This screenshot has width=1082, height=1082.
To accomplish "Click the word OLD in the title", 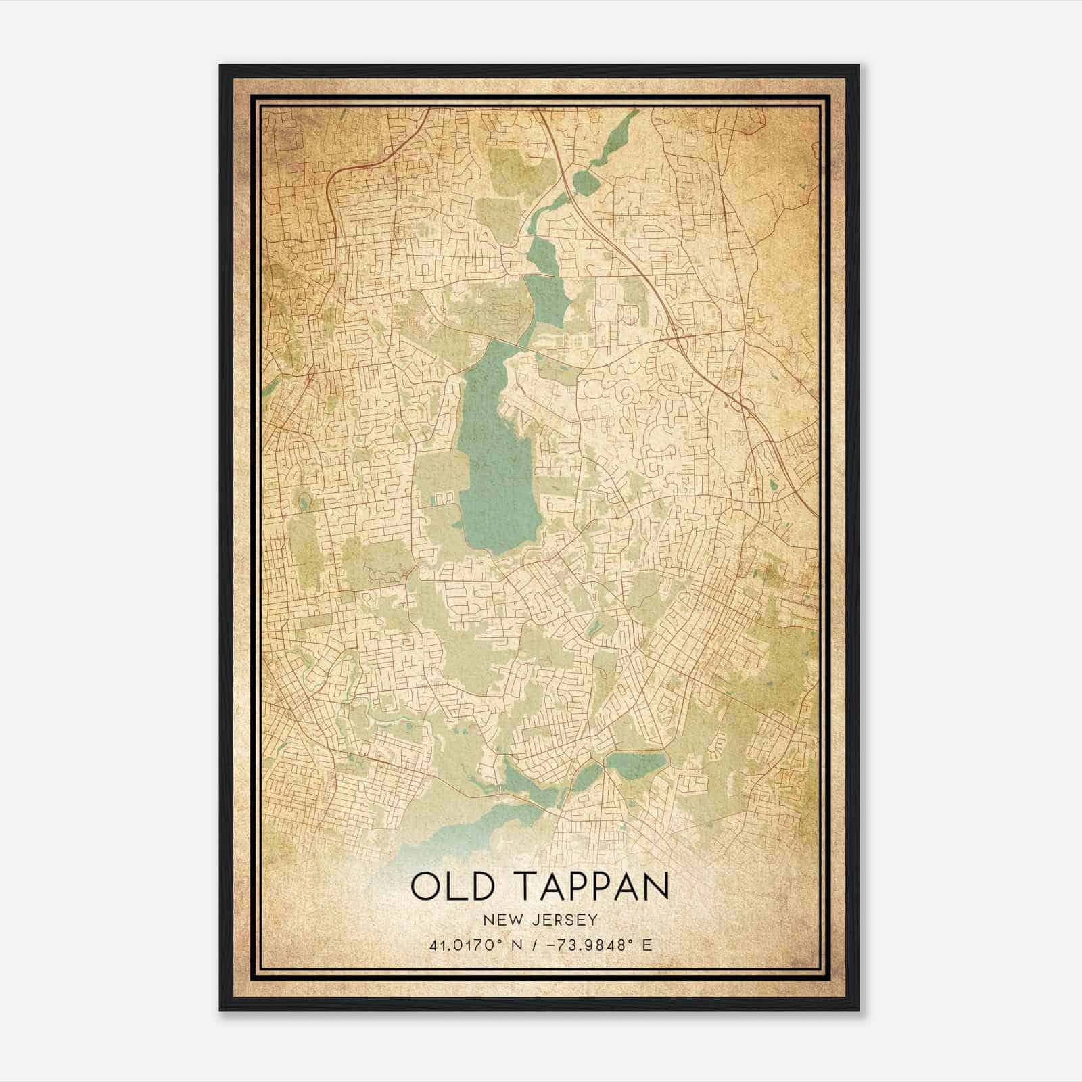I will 457,886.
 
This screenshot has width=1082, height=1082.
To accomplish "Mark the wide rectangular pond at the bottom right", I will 636,763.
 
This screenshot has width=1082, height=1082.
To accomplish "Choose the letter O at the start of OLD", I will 425,886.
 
